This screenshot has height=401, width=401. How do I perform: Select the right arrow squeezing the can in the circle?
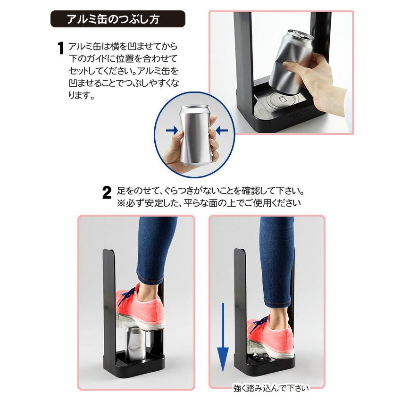pos(222,129)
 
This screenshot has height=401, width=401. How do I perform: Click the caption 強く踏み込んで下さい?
pos(271,388)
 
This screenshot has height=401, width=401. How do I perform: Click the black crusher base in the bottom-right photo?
pos(264,366)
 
